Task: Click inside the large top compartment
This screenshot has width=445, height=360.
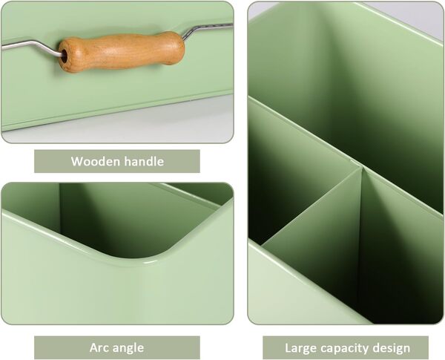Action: (349, 82)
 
